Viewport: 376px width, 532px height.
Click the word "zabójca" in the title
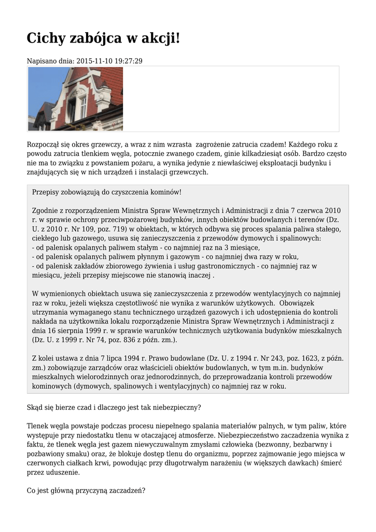pyautogui.click(x=95, y=38)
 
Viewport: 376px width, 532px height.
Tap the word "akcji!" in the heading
pyautogui.click(x=159, y=38)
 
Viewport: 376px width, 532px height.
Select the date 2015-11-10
pyautogui.click(x=95, y=61)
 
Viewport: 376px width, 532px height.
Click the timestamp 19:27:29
pyautogui.click(x=129, y=61)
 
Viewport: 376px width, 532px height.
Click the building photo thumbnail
pyautogui.click(x=76, y=99)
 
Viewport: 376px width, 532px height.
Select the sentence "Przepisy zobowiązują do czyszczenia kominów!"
pyautogui.click(x=107, y=192)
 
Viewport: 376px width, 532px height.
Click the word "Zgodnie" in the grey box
pyautogui.click(x=45, y=211)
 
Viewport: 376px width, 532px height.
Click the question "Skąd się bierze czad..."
pyautogui.click(x=114, y=407)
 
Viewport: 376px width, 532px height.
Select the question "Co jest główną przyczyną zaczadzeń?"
pyautogui.click(x=86, y=491)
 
